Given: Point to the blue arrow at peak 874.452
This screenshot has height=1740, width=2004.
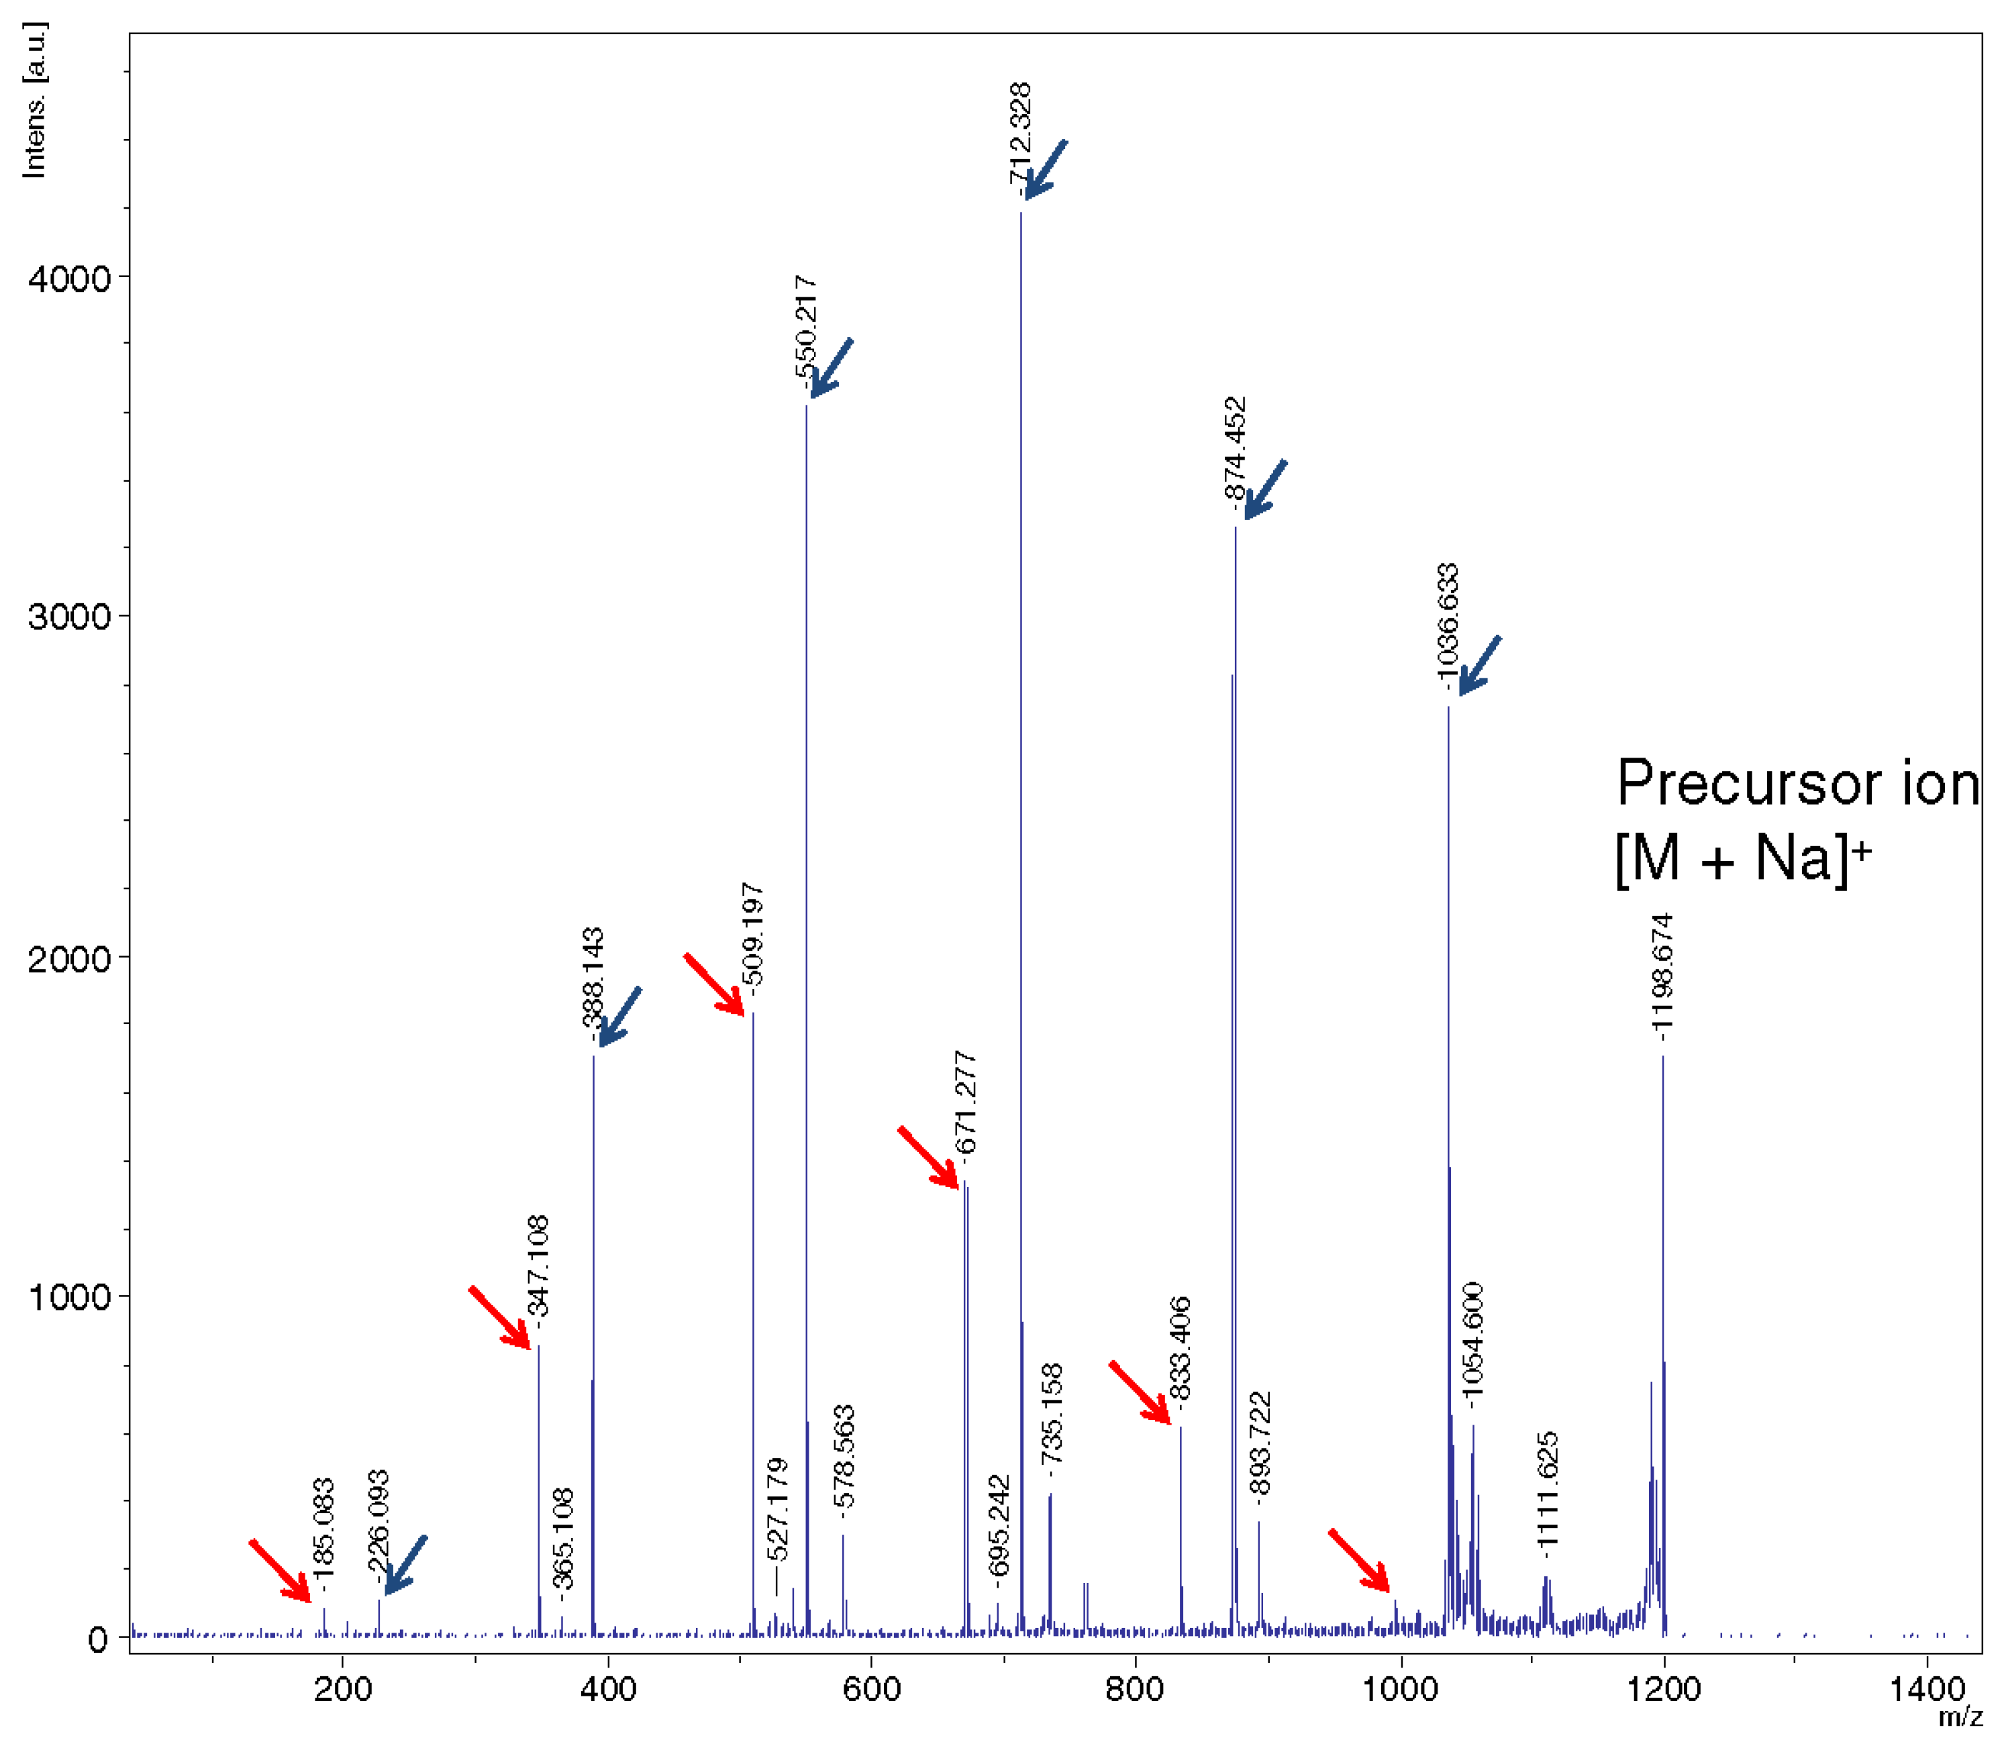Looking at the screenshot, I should [1265, 489].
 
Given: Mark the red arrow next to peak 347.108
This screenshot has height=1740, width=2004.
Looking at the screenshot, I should [499, 1318].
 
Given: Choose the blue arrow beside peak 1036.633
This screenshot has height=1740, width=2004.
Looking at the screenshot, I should [1480, 665].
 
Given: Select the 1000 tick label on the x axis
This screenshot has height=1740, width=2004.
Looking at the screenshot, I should [1400, 1688].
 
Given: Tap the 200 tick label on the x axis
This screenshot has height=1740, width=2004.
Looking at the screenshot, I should [343, 1688].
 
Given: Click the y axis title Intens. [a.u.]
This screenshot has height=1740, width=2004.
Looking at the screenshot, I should [35, 100].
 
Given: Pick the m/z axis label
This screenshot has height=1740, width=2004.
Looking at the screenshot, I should [1959, 1717].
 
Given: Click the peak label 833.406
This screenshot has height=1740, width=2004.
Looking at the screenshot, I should [1180, 1347].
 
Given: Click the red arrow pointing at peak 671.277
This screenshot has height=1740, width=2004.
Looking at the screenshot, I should [928, 1156].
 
